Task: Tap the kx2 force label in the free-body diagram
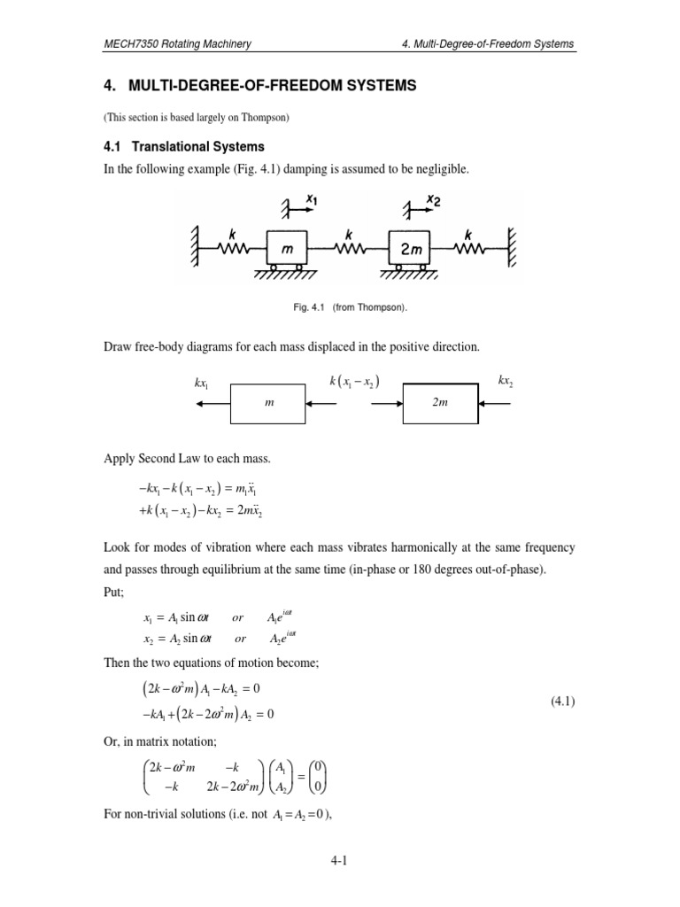coord(505,382)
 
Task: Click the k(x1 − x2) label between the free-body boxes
coord(353,382)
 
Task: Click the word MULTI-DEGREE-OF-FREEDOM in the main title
coord(225,86)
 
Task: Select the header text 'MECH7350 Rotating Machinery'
coord(175,43)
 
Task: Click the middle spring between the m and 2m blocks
coord(350,249)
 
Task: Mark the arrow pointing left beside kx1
coord(213,403)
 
